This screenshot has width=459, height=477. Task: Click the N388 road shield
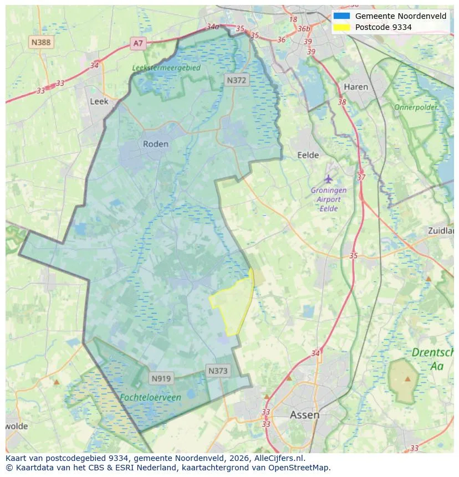[x=42, y=42]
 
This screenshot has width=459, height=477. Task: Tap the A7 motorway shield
[x=138, y=43]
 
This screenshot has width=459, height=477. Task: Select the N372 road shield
[x=237, y=80]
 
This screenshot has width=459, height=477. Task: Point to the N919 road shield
[x=162, y=379]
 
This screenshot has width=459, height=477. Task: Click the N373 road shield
[x=218, y=371]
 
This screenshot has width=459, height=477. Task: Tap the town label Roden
[x=156, y=143]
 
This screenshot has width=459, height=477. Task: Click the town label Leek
[x=99, y=101]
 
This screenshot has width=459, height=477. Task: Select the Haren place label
[x=355, y=87]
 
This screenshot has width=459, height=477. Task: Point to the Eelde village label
[x=308, y=155]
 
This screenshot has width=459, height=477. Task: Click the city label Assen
[x=304, y=414]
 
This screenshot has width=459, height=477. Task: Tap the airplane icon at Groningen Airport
[x=329, y=178]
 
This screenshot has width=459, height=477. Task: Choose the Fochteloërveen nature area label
[x=150, y=397]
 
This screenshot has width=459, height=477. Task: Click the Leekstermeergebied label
[x=166, y=68]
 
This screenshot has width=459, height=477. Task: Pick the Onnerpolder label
[x=416, y=107]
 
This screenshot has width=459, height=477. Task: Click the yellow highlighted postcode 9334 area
[x=234, y=305]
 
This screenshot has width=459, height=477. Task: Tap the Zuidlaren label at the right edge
[x=441, y=230]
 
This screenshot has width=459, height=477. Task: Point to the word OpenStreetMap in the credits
[x=300, y=468]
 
